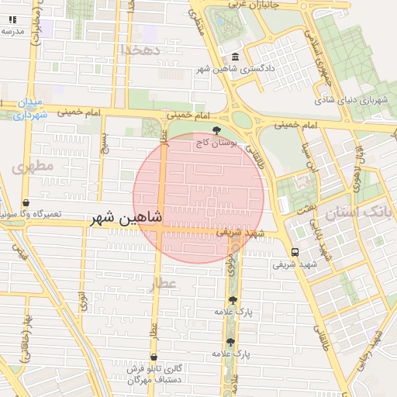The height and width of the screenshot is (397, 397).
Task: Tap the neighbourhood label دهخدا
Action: coord(140,50)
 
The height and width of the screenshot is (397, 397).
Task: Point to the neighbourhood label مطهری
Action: coord(33,166)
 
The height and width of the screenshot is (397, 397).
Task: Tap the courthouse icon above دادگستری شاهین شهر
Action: coord(236,57)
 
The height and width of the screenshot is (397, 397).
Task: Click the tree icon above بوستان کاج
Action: coord(216,129)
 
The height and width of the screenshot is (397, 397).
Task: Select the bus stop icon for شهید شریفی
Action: coord(295,252)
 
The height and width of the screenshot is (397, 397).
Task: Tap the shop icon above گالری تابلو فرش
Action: coord(154,357)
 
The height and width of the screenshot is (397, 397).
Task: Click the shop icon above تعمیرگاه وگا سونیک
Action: coord(26,202)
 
